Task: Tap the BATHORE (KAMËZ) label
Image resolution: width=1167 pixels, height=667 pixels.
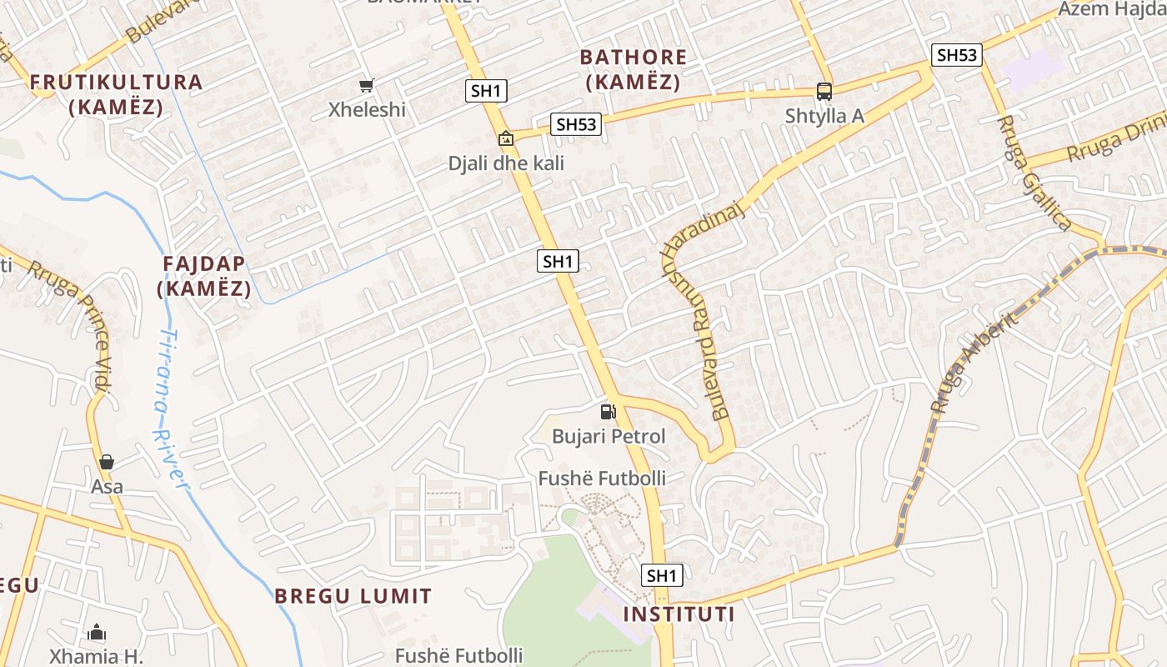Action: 634,70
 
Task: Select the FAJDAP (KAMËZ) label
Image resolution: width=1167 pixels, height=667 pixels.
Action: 204,276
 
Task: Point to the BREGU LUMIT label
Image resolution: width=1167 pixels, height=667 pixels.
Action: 353,596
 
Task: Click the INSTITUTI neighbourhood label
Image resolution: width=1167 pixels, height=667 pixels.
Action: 679,614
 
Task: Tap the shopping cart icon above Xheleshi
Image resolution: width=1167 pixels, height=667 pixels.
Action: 366,85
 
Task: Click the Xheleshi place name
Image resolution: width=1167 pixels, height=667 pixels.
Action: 367,109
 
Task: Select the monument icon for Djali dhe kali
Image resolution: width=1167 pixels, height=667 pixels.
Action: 505,138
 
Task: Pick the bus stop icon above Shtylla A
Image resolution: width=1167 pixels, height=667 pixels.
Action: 824,92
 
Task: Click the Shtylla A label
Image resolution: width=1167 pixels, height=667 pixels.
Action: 824,116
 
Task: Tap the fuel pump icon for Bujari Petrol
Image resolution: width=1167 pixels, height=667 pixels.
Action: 608,411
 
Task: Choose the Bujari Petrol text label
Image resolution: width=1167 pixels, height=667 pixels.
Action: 609,436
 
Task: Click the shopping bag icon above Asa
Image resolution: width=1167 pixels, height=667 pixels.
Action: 107,462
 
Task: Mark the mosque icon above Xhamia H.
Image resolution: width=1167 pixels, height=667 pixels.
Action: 97,632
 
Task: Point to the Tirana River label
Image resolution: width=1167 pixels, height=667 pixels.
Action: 173,409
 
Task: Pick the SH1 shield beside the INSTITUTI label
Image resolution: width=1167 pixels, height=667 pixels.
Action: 662,575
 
